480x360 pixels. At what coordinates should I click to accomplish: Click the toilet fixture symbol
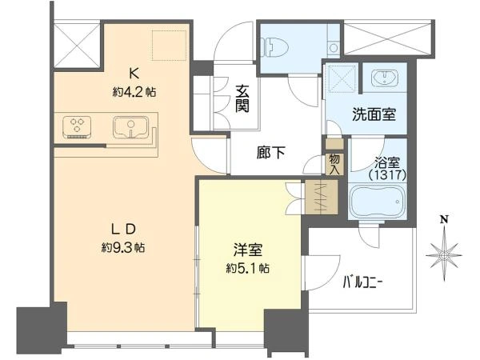click(275, 47)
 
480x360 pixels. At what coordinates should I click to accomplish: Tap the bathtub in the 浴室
click(378, 202)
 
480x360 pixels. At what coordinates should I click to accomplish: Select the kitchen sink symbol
click(130, 127)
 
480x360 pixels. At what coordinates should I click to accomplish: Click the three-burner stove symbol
click(77, 127)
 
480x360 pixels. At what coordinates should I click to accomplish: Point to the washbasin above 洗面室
click(385, 78)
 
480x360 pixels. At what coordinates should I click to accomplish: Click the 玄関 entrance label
click(242, 98)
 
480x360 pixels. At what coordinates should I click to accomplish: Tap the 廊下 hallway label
click(271, 153)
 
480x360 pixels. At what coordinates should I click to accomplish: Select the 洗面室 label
click(374, 114)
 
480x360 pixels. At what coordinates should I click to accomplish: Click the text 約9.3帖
click(123, 247)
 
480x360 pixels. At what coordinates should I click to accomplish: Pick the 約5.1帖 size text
click(248, 268)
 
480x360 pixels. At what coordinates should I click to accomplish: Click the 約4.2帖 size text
click(134, 91)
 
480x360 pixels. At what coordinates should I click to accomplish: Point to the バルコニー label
click(362, 283)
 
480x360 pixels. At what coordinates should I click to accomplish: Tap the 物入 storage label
click(334, 165)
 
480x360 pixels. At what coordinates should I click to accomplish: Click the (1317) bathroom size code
click(387, 175)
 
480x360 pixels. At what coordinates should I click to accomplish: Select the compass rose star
click(444, 255)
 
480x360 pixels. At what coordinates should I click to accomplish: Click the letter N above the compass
click(444, 219)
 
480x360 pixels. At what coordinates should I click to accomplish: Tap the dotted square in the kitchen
click(170, 46)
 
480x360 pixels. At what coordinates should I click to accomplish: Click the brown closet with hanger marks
click(322, 197)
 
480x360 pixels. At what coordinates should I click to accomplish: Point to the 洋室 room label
click(248, 250)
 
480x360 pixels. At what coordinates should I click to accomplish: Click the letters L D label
click(123, 230)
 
